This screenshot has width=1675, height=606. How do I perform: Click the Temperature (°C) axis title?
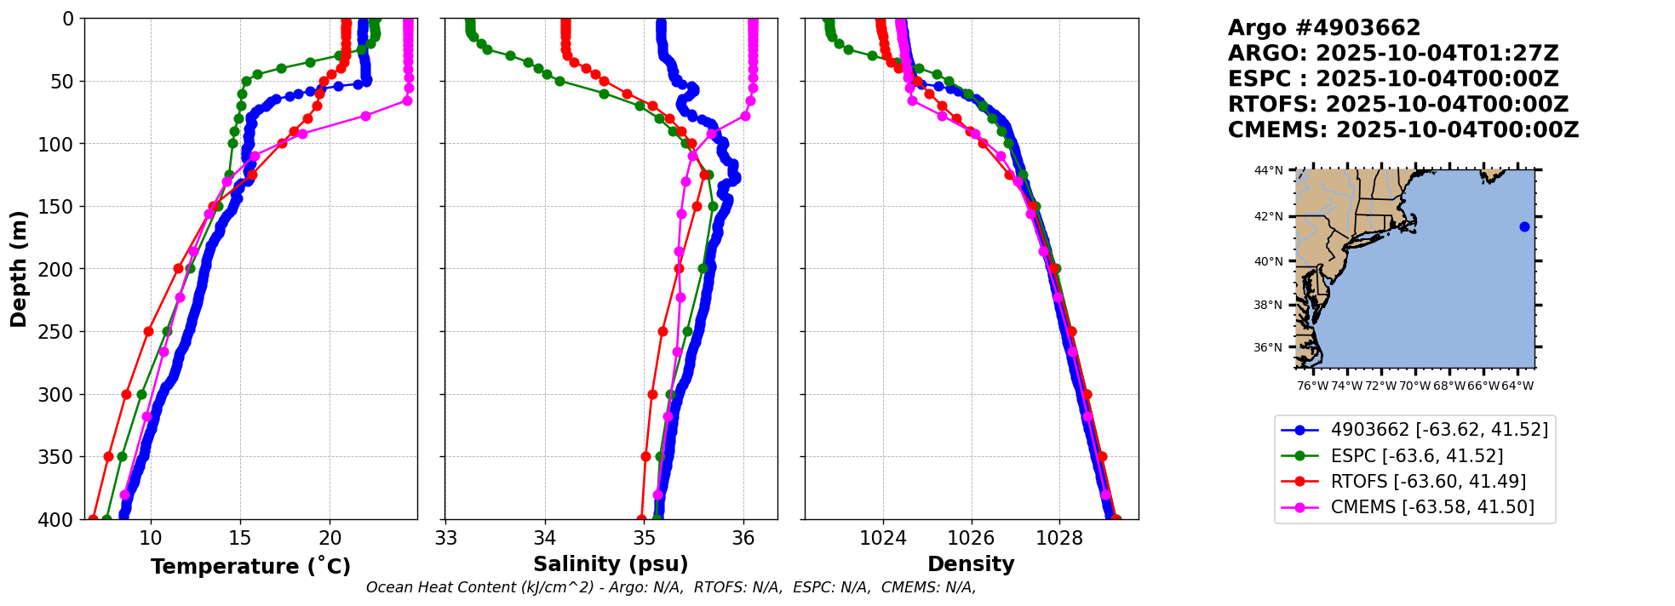pyautogui.click(x=250, y=567)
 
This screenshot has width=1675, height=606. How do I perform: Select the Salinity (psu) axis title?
pyautogui.click(x=611, y=564)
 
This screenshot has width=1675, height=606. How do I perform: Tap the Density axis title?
pyautogui.click(x=971, y=564)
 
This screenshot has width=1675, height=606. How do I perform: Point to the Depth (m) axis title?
pyautogui.click(x=19, y=269)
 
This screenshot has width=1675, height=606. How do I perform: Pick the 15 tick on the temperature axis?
pyautogui.click(x=240, y=539)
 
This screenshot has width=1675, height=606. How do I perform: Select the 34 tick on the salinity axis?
pyautogui.click(x=545, y=539)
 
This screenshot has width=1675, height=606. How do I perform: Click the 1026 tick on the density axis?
pyautogui.click(x=971, y=539)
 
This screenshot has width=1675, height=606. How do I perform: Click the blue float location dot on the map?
pyautogui.click(x=1524, y=226)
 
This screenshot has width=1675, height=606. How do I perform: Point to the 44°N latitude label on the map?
pyautogui.click(x=1268, y=171)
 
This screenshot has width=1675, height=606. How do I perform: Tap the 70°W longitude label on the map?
pyautogui.click(x=1415, y=386)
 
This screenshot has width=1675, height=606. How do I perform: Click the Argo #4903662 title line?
pyautogui.click(x=1324, y=28)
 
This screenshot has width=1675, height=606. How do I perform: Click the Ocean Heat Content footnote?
pyautogui.click(x=671, y=587)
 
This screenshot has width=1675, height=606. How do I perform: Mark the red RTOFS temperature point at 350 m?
pyautogui.click(x=108, y=457)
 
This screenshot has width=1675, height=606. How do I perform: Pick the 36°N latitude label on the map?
pyautogui.click(x=1268, y=347)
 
